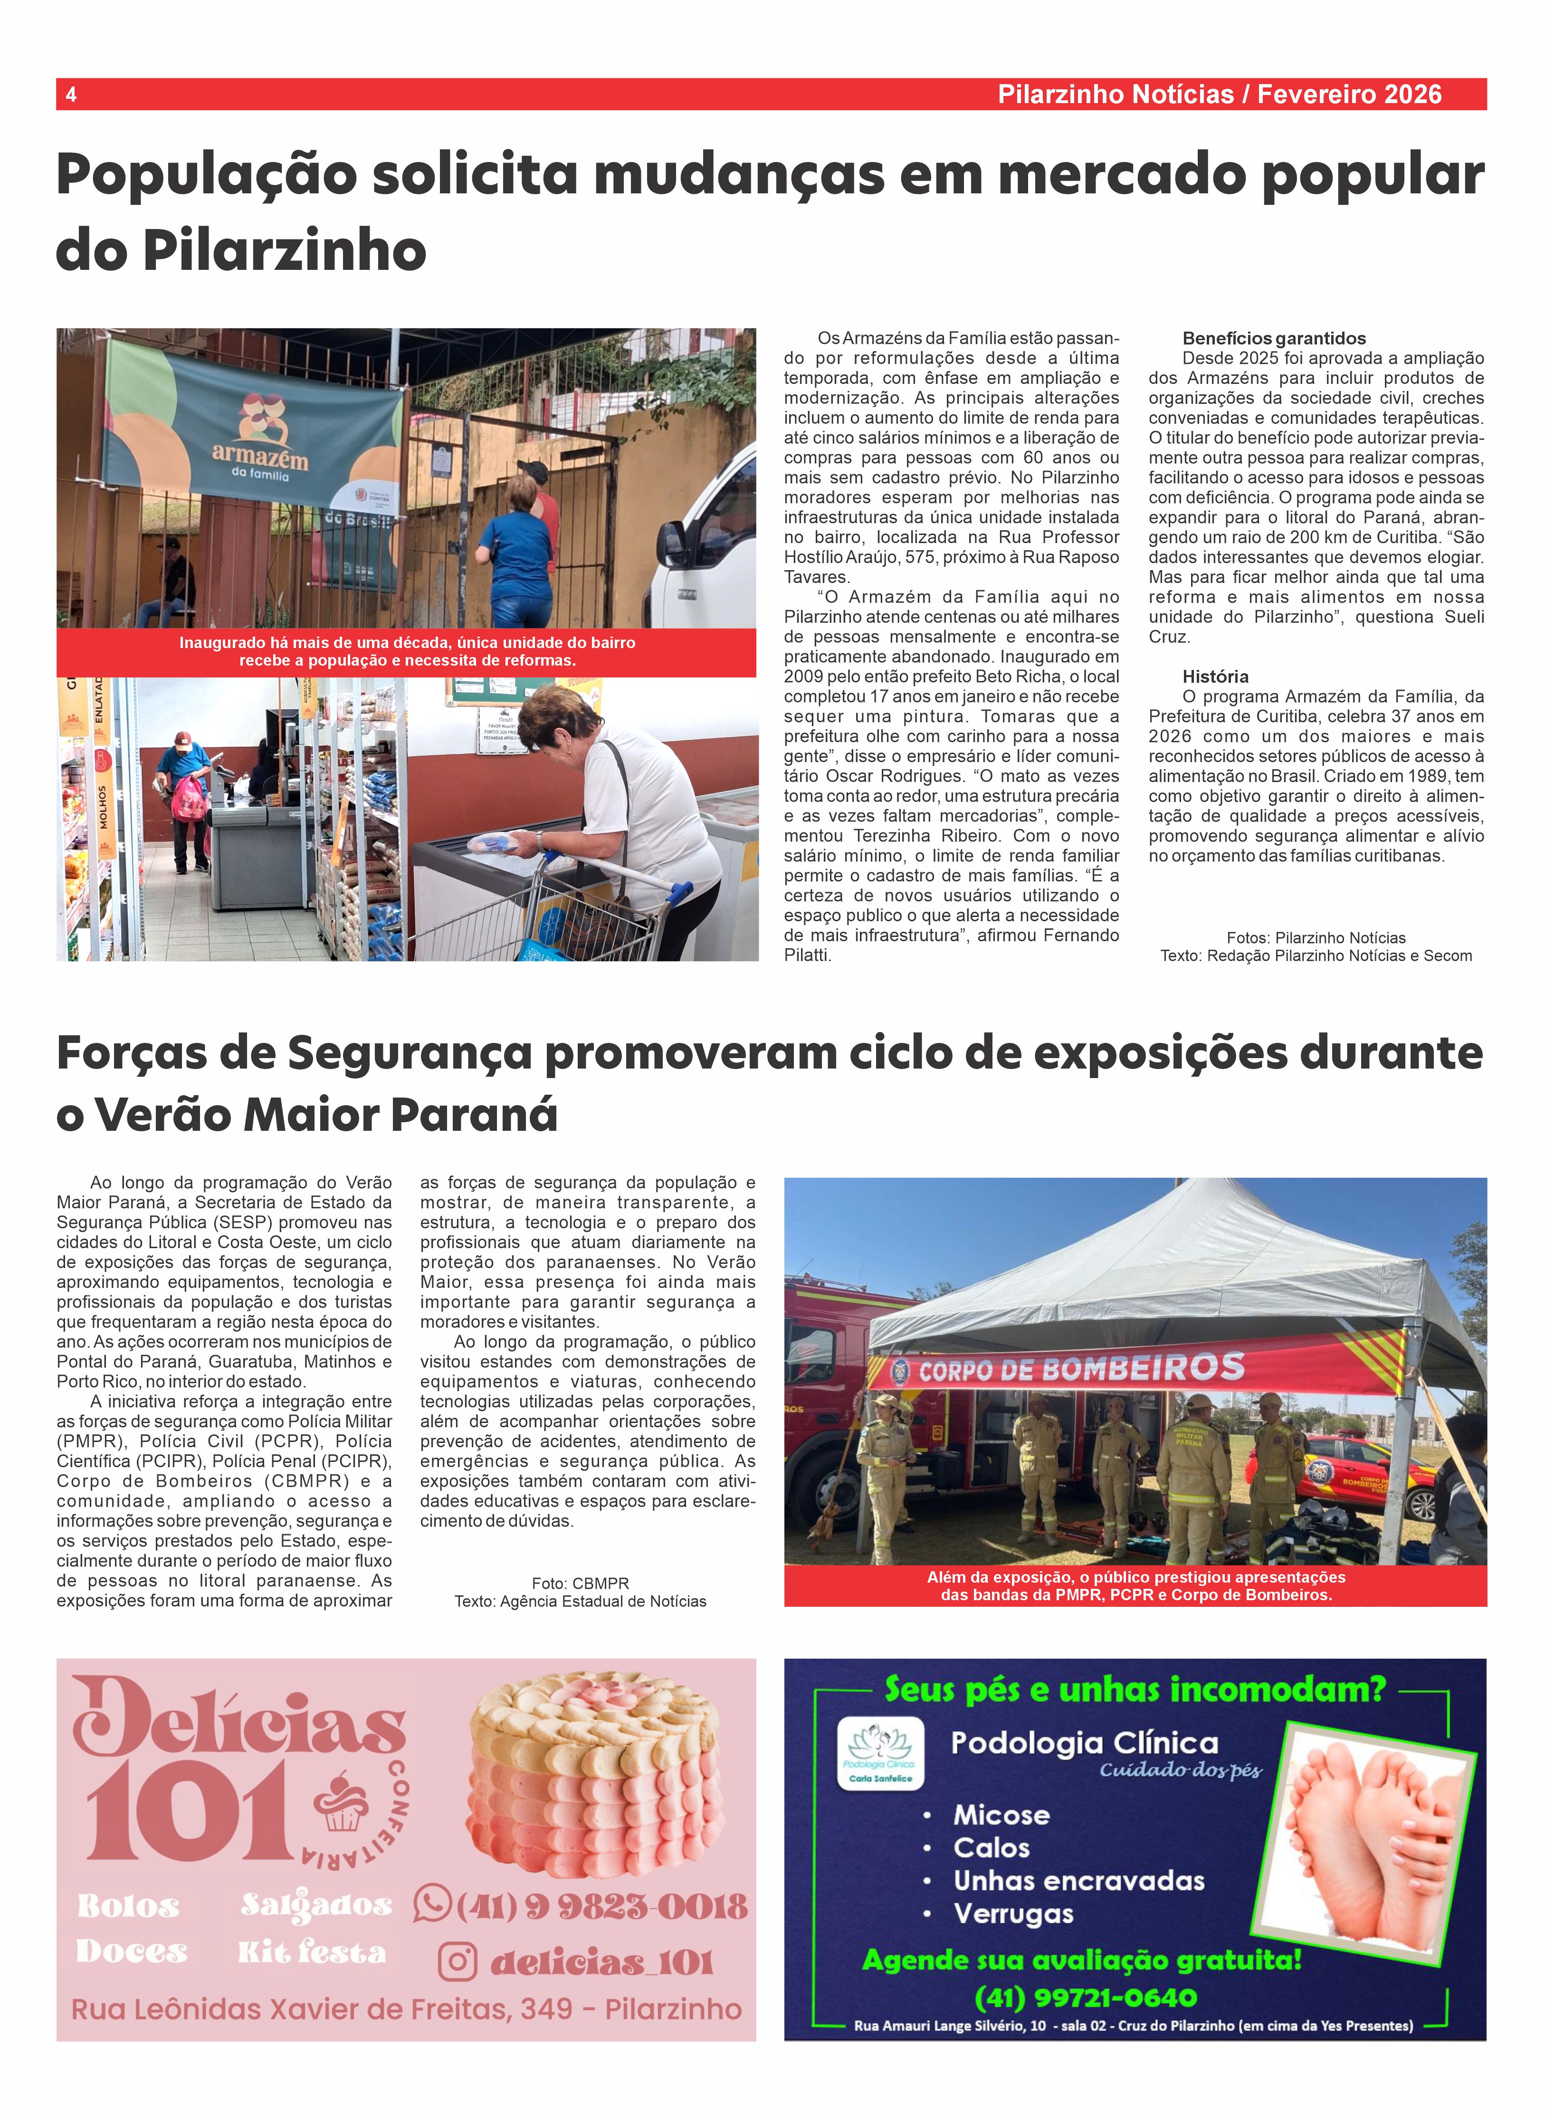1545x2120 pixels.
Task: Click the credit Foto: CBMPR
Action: pos(580,1583)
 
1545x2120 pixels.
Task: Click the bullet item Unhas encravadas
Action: pos(1078,1881)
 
